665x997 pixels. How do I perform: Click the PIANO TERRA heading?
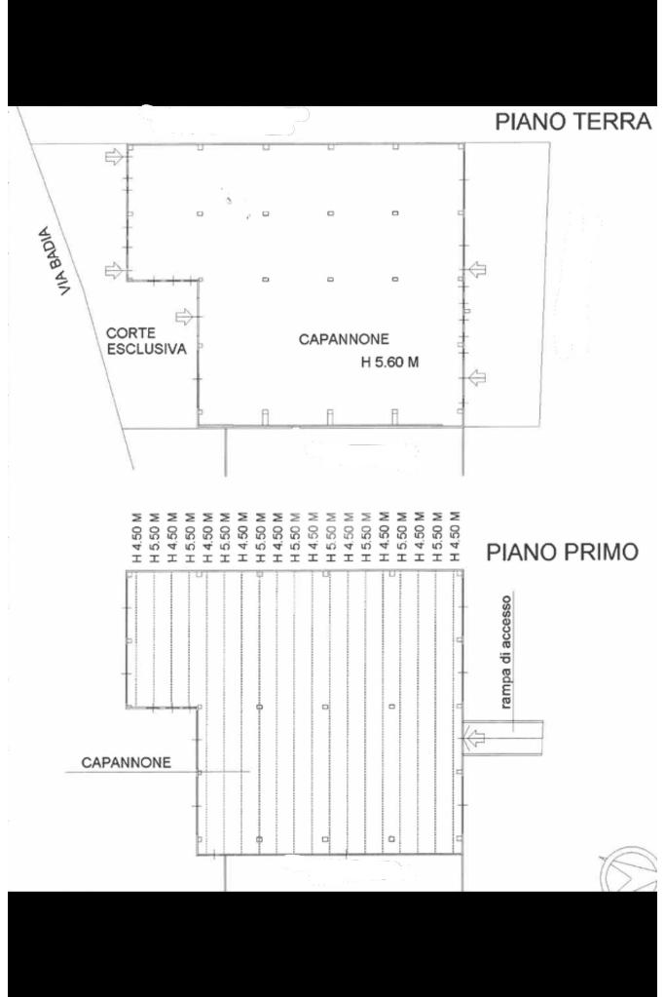573,121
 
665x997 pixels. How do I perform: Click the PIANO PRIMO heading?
562,552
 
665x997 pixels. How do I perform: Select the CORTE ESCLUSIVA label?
146,341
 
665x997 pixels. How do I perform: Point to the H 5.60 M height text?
390,363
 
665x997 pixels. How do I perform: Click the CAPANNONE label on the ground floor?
344,339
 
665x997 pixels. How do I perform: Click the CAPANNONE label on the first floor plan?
126,762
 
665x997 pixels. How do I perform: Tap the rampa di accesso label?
505,652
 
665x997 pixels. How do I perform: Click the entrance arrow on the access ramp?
474,738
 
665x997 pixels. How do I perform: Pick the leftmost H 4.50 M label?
136,537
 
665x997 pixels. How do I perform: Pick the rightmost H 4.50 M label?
454,537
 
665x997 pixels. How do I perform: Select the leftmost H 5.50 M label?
154,537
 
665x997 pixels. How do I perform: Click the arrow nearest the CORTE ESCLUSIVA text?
184,316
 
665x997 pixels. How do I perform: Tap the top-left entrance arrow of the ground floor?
114,156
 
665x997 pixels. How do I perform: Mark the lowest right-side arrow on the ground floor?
477,378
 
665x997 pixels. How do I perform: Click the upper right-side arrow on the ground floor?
477,270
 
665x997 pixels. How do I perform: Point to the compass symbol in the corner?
628,869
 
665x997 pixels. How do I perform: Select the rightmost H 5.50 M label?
436,537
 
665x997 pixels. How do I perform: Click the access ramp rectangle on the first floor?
503,738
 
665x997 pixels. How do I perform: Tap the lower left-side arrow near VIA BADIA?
114,271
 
